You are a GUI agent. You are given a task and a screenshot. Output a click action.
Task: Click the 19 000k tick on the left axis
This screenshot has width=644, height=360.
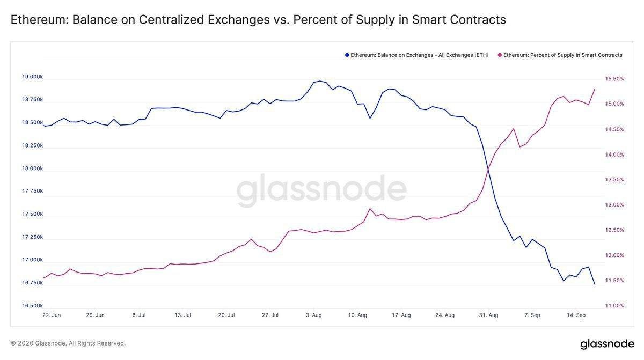pyautogui.click(x=32, y=77)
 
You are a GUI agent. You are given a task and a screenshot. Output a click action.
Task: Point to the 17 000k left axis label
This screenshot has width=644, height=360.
pyautogui.click(x=32, y=260)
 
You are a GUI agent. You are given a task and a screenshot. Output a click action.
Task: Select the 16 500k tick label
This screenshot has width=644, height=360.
pyautogui.click(x=32, y=306)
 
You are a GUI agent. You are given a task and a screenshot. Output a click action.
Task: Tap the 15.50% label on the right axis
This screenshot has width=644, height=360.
pyautogui.click(x=614, y=79)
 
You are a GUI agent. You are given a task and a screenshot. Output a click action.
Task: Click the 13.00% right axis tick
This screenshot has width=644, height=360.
pyautogui.click(x=614, y=204)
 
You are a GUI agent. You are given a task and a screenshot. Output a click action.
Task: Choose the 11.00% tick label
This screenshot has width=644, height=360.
pyautogui.click(x=614, y=306)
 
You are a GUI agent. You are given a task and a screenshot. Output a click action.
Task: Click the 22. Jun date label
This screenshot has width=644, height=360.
pyautogui.click(x=52, y=315)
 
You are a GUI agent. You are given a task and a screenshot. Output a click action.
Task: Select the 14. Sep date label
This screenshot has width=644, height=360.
pyautogui.click(x=577, y=315)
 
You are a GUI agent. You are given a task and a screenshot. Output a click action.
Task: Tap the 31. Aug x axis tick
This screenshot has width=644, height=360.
pyautogui.click(x=488, y=315)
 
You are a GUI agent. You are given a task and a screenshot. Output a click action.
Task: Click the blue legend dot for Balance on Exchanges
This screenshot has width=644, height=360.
pyautogui.click(x=347, y=55)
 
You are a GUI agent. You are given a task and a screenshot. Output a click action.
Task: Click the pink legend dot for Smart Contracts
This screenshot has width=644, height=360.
pyautogui.click(x=500, y=55)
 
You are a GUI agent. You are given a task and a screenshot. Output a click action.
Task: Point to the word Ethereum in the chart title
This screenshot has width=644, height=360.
pyautogui.click(x=38, y=20)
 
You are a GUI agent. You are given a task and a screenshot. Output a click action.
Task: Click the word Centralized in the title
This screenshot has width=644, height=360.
pyautogui.click(x=171, y=20)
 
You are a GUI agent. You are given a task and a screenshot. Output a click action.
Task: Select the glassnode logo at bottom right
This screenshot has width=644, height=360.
pyautogui.click(x=607, y=344)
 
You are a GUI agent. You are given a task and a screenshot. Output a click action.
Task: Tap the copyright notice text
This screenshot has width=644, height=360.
pyautogui.click(x=68, y=343)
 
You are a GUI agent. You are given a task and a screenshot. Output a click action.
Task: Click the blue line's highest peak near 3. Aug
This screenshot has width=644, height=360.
pyautogui.click(x=320, y=81)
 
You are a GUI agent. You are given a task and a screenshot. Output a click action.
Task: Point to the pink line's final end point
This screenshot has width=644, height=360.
pyautogui.click(x=595, y=89)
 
